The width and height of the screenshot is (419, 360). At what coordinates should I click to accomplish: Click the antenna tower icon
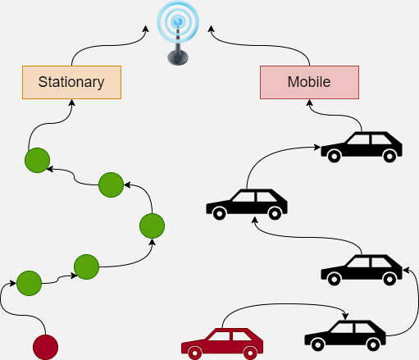click(x=178, y=33)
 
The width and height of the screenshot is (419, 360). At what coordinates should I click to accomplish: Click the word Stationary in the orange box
click(x=71, y=82)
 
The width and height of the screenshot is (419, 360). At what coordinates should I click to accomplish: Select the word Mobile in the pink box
click(x=309, y=82)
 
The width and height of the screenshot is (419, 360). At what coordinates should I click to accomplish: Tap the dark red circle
click(x=45, y=347)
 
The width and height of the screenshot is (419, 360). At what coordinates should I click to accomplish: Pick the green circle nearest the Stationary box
click(x=37, y=160)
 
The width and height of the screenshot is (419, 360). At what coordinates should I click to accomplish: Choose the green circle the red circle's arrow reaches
click(x=29, y=283)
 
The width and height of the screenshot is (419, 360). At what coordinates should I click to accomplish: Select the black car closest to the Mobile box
click(x=362, y=148)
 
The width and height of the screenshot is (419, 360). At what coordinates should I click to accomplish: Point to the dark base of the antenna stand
click(x=178, y=57)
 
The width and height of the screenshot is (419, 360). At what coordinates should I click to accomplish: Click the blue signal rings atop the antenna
click(x=178, y=20)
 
